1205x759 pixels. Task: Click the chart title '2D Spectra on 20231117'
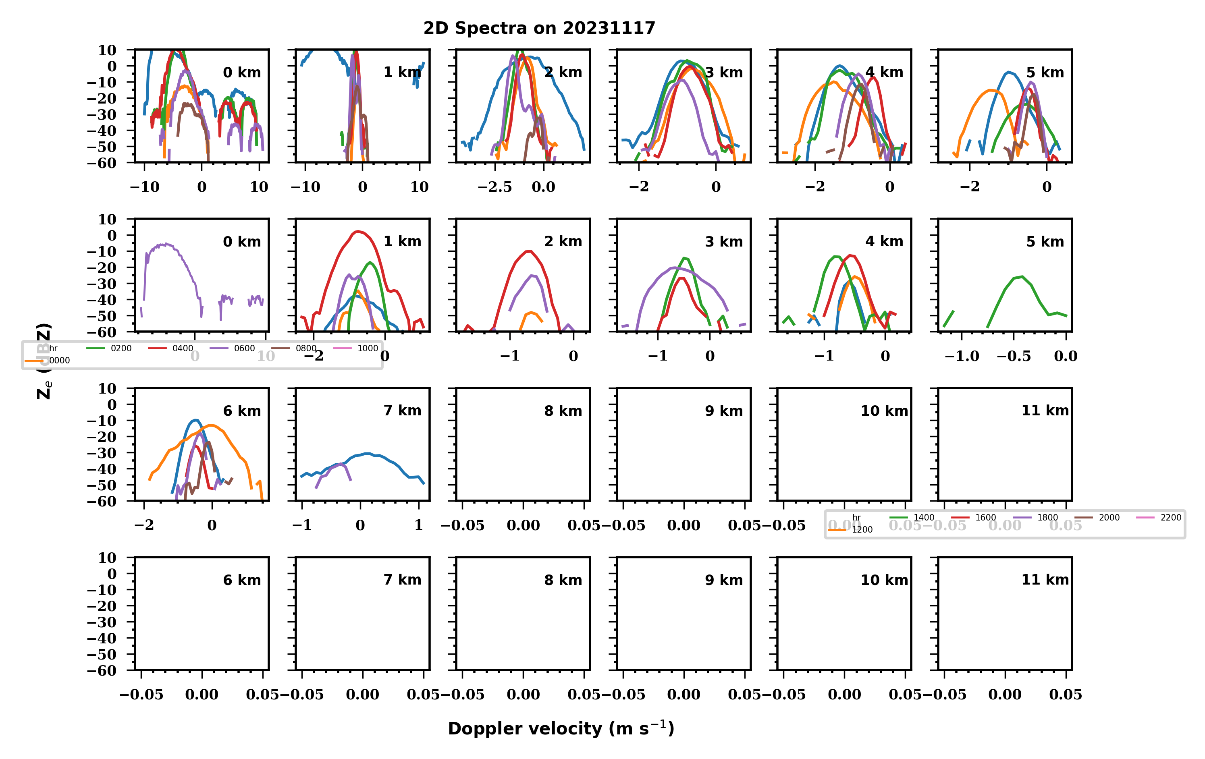(539, 28)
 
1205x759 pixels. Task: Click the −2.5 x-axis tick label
(494, 187)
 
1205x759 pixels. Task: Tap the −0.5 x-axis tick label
(1013, 356)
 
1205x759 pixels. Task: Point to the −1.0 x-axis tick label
(961, 356)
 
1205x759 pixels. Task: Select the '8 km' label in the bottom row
(563, 580)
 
